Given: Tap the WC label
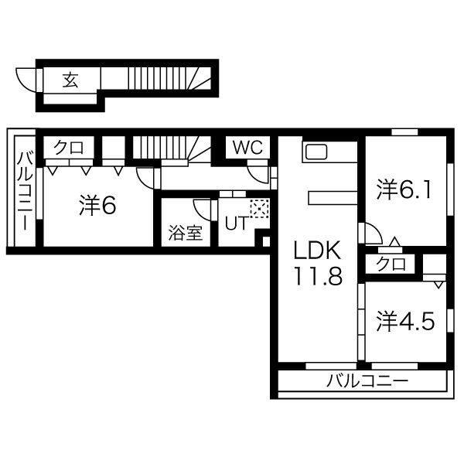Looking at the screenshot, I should (247, 147).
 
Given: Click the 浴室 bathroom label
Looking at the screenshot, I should (186, 233).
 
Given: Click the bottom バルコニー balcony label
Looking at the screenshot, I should (367, 381).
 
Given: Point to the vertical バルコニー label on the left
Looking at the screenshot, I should (23, 189).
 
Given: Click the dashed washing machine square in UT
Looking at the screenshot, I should (259, 208).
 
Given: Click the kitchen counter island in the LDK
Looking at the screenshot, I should (331, 198).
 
